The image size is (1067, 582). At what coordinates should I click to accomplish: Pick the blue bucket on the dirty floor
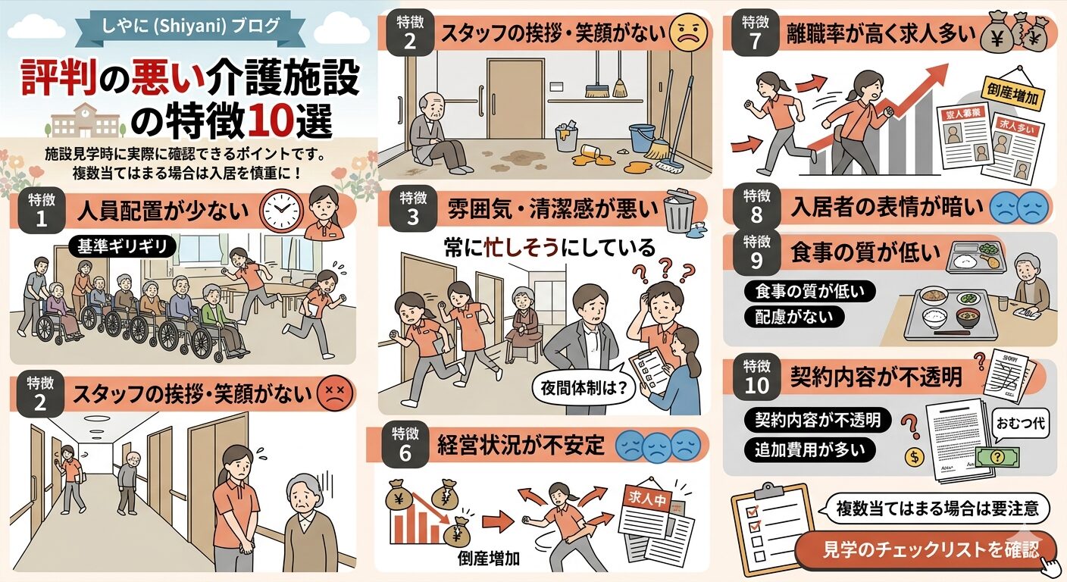click(643, 136)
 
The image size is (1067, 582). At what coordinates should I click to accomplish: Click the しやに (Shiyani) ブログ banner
click(190, 25)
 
